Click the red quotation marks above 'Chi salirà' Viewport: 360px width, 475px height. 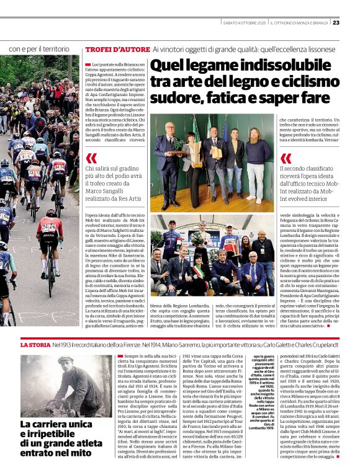[x=91, y=159]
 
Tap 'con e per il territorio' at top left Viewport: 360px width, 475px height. [x=39, y=48]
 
